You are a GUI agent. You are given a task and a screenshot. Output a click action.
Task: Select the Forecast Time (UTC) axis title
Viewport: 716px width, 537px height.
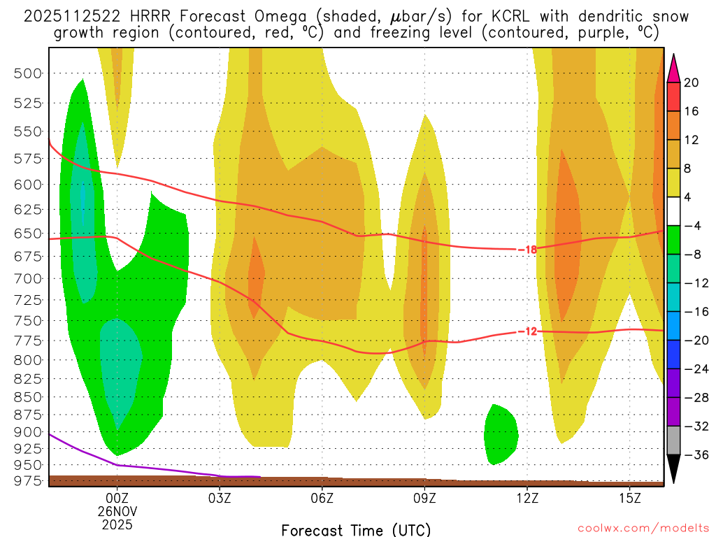tap(356, 529)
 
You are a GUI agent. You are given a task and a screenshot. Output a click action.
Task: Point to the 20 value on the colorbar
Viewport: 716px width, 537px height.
tap(692, 83)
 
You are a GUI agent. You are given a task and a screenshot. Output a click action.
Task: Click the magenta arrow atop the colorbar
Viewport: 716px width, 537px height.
tap(673, 69)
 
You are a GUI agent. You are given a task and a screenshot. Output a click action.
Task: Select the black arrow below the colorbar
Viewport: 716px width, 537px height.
tap(673, 468)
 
